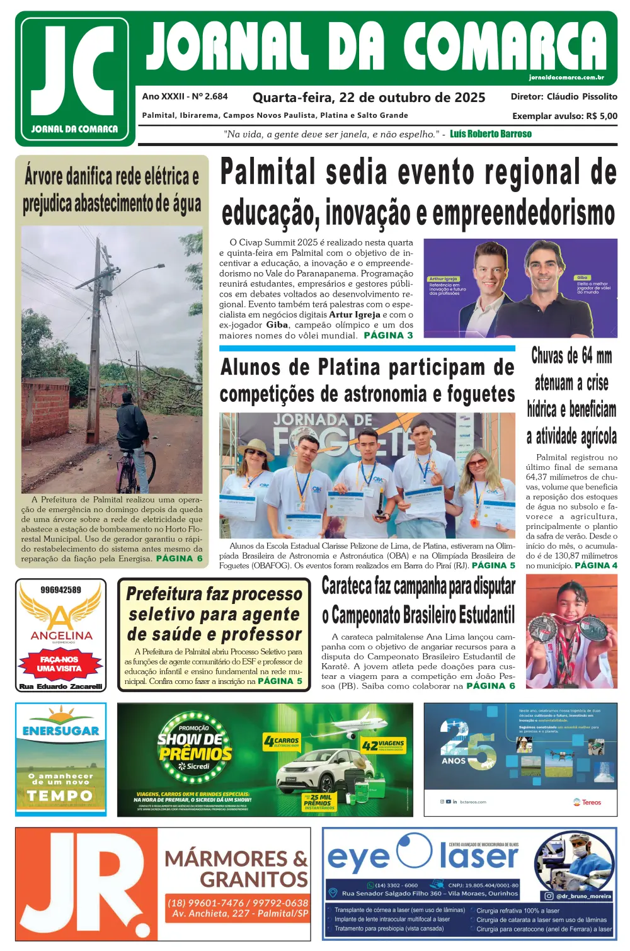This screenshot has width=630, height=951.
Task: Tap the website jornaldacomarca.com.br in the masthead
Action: (566, 77)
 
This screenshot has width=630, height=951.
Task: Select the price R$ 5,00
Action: (602, 116)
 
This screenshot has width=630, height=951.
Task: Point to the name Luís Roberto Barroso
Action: (490, 134)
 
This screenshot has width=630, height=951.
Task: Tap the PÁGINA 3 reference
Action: (388, 335)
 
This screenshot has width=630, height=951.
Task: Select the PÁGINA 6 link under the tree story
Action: (179, 558)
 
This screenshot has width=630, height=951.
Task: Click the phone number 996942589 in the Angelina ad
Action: (60, 590)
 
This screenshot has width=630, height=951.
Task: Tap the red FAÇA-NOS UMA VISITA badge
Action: (60, 664)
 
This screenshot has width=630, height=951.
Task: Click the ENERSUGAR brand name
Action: (61, 731)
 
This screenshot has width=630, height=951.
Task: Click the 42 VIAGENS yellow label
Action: (383, 746)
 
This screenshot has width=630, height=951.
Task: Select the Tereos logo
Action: (587, 802)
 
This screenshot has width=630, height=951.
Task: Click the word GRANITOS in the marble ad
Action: (253, 879)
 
